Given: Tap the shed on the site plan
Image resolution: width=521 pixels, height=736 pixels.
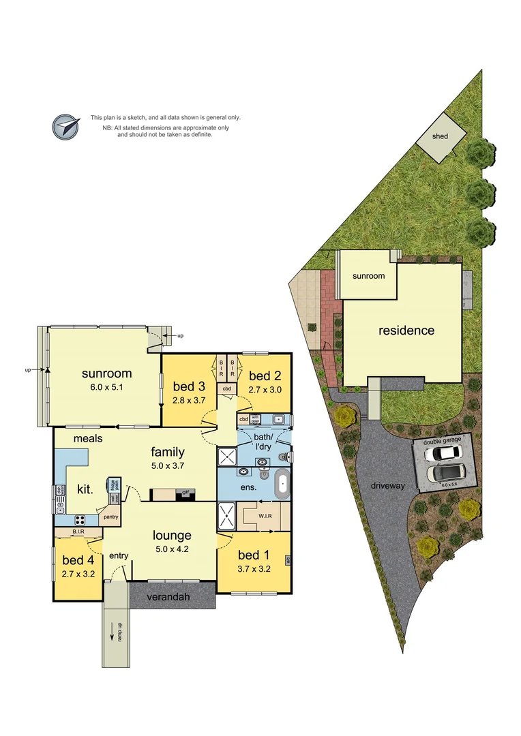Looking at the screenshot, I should pos(441,136).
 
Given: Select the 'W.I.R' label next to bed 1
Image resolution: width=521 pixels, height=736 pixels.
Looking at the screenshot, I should pos(266,516).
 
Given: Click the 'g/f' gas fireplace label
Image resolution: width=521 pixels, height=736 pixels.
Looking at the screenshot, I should pos(185,491).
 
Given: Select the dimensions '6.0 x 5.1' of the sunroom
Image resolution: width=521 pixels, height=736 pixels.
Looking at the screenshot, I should pos(106,387).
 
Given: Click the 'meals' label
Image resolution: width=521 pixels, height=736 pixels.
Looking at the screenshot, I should pos(89,438).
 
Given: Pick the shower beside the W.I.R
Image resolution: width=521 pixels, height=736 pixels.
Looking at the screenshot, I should pos(226,516).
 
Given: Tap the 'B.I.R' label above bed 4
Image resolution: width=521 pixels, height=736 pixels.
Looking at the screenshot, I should pos(78,531).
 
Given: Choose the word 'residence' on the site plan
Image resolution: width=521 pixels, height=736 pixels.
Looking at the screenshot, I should pos(406,331).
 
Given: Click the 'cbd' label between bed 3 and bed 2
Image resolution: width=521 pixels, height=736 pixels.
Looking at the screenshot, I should pos(226,388).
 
